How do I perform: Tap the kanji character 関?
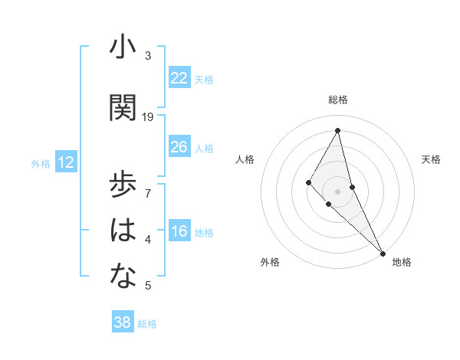tap(123, 108)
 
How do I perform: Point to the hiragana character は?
tap(123, 231)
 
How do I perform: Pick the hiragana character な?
tap(123, 277)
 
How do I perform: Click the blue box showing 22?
tap(179, 78)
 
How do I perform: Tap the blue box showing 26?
tap(179, 147)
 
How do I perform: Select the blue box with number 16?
tap(179, 231)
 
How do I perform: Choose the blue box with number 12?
tap(66, 162)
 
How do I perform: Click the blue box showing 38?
tap(123, 322)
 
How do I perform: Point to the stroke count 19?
tap(148, 117)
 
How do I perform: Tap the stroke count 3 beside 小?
tap(148, 56)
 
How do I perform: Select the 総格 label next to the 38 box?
tap(147, 324)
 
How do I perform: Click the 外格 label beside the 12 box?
tap(41, 163)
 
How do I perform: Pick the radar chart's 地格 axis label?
tap(402, 262)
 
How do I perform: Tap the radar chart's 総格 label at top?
tap(338, 100)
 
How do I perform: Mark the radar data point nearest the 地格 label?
tap(383, 252)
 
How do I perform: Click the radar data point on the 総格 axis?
tap(338, 130)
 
